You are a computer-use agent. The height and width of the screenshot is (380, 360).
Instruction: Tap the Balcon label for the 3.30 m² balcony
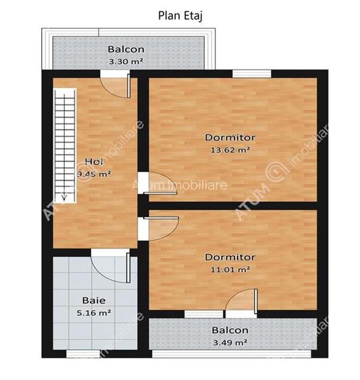[126, 49]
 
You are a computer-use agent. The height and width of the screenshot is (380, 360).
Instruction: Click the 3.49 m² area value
[230, 342]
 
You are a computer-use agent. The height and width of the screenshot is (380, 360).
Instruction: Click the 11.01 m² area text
[230, 269]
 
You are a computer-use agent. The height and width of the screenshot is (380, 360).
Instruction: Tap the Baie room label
[93, 300]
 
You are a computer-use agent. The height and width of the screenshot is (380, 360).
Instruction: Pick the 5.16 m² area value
[93, 313]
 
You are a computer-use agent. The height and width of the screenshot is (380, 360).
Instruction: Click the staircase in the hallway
[66, 145]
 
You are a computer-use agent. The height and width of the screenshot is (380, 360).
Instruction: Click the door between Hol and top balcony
[115, 84]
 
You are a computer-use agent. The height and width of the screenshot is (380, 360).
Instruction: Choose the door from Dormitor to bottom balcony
[241, 302]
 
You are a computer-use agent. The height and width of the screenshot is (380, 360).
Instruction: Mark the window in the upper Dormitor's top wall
[251, 73]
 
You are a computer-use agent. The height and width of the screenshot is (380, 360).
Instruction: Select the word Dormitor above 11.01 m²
[230, 257]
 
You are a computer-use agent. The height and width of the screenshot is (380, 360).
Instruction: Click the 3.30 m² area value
[126, 61]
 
